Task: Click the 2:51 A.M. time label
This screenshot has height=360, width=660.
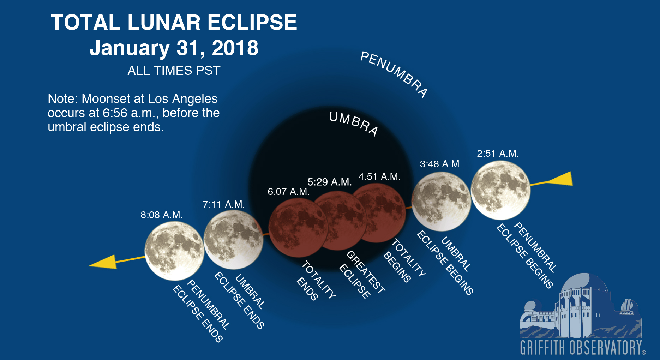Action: coord(498,154)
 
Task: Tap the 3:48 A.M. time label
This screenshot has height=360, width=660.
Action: coord(441,164)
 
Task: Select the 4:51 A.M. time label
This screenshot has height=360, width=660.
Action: coord(379,177)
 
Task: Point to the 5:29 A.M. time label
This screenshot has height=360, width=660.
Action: coord(330,182)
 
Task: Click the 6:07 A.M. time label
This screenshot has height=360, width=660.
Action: coord(289,192)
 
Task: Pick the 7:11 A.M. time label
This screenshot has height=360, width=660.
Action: coord(224,204)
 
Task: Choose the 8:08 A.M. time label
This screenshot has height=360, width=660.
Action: coord(162,215)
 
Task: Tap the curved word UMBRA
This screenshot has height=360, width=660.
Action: coord(354,123)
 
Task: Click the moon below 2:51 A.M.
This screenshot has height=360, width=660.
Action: coord(500,190)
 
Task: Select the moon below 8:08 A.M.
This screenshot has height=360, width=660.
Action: coord(174,251)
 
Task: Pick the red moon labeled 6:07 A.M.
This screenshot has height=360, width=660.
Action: coord(298,228)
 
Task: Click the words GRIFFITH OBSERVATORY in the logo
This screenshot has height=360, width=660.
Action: coord(581,347)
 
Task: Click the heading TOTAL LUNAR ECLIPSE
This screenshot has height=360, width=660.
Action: coord(174,23)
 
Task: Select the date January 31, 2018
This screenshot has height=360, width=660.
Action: coord(174,48)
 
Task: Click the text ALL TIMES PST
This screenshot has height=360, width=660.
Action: coord(174,71)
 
